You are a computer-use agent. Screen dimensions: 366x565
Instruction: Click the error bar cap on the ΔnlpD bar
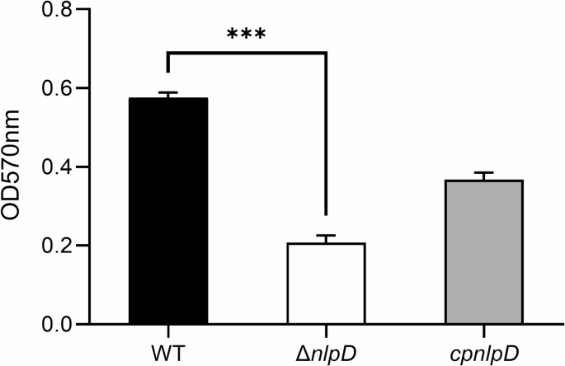327,236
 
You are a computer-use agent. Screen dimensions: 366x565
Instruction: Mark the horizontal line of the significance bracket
247,53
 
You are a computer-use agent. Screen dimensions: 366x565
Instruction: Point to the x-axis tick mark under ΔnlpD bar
327,331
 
